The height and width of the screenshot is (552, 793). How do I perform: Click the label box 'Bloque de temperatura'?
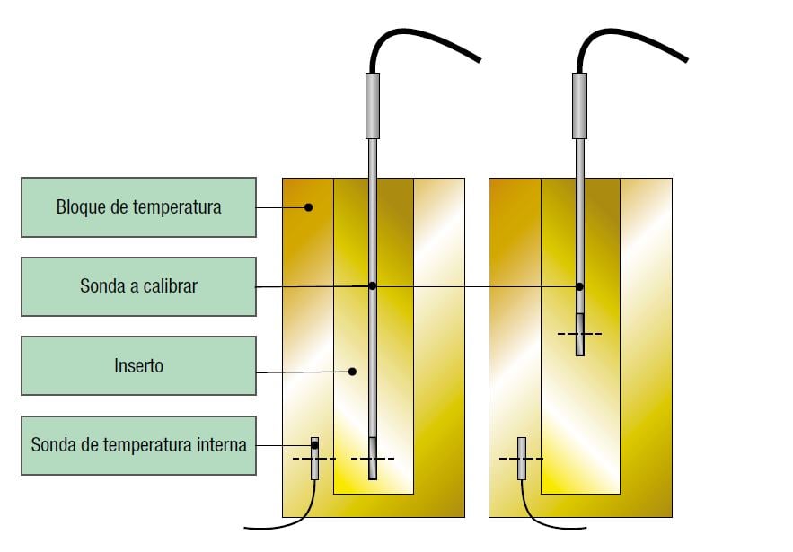pyautogui.click(x=138, y=207)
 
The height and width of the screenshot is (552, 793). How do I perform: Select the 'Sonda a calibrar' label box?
pyautogui.click(x=138, y=286)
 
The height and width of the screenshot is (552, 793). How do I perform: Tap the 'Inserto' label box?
pyautogui.click(x=138, y=365)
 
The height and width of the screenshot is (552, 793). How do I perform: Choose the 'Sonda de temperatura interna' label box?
pyautogui.click(x=138, y=444)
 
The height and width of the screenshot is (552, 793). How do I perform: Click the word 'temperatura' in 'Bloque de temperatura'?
pyautogui.click(x=178, y=207)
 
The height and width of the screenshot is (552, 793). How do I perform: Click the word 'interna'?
pyautogui.click(x=221, y=444)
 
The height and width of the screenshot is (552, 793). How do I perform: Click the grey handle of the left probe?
pyautogui.click(x=373, y=105)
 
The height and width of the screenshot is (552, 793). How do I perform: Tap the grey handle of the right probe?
pyautogui.click(x=579, y=105)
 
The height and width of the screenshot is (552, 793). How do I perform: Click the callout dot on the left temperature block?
pyautogui.click(x=308, y=207)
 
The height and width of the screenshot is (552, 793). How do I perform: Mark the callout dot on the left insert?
pyautogui.click(x=353, y=371)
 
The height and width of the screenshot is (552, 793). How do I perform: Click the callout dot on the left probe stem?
pyautogui.click(x=373, y=286)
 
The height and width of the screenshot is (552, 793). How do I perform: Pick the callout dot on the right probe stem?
pyautogui.click(x=579, y=287)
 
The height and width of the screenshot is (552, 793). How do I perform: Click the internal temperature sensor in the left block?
pyautogui.click(x=314, y=458)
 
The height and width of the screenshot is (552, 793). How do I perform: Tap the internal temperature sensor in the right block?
pyautogui.click(x=521, y=458)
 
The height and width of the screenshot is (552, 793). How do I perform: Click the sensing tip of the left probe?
pyautogui.click(x=373, y=459)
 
